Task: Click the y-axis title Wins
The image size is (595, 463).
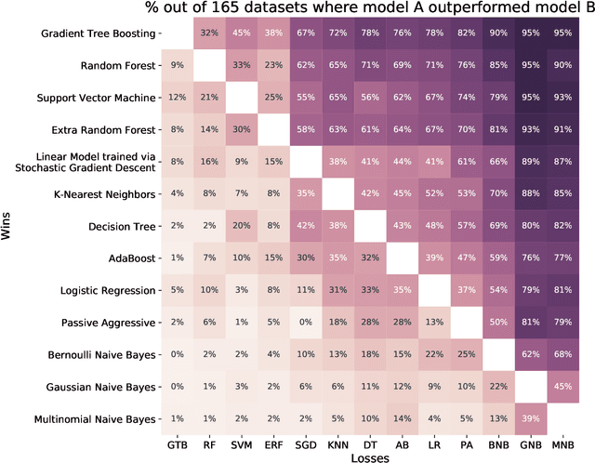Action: tap(8, 225)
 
